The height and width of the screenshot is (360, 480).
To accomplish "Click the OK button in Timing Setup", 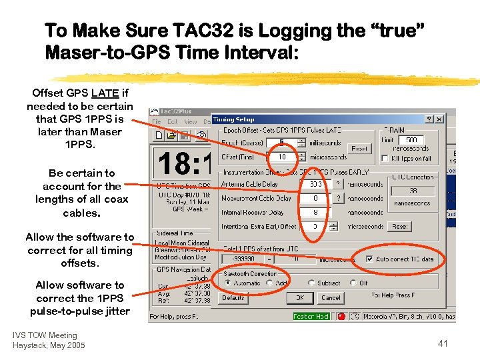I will (300, 298).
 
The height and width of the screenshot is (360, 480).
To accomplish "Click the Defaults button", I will (233, 298).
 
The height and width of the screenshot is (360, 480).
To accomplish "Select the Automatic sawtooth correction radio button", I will (227, 283).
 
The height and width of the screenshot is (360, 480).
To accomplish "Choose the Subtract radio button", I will (313, 283).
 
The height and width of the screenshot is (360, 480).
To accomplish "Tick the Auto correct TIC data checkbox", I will (370, 259).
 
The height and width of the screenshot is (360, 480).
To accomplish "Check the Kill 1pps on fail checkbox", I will (384, 159).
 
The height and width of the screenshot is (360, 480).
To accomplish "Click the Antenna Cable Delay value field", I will (316, 184).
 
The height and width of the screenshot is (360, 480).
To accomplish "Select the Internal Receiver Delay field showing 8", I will (316, 212).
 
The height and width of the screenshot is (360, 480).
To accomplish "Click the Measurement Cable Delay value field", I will (316, 198).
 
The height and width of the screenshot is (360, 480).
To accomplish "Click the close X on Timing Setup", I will (439, 119).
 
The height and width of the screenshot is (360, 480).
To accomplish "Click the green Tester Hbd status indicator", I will (311, 317).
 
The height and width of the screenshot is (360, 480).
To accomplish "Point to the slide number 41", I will (443, 343).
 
